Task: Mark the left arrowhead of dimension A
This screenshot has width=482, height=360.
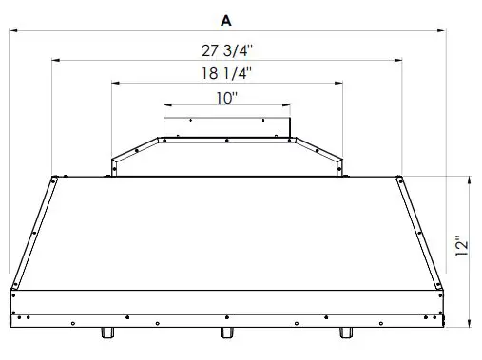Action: (x=11, y=30)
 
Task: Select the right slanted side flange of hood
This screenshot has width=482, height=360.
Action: (x=421, y=233)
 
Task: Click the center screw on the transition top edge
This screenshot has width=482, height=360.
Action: (x=226, y=139)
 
